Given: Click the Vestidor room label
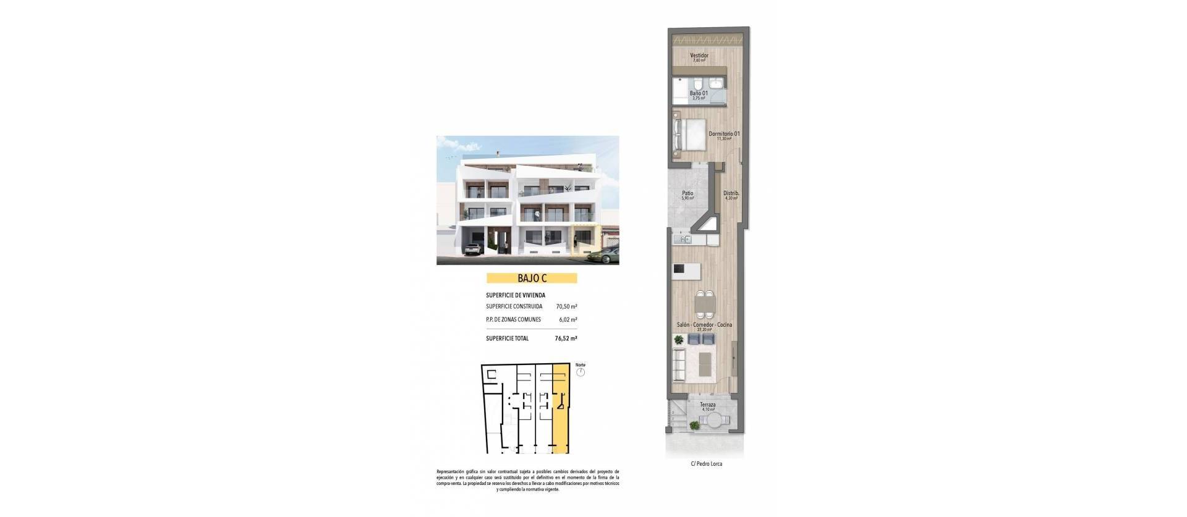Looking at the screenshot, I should click(699, 56).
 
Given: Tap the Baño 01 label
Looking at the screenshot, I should click(699, 93).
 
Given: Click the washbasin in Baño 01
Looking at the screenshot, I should click(717, 83).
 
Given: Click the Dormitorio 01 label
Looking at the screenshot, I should click(724, 133).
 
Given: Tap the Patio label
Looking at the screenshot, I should click(687, 193).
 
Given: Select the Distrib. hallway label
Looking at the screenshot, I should click(731, 193).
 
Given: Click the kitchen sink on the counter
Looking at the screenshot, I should click(684, 239).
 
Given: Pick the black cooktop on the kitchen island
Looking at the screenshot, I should click(679, 269).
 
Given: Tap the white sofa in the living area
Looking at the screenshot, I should click(679, 365).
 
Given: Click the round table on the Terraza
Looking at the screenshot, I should click(714, 421).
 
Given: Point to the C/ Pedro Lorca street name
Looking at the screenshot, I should click(707, 464).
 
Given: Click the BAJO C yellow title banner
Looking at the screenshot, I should click(532, 279).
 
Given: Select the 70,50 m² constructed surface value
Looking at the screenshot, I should click(566, 306).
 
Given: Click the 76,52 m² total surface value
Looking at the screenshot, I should click(566, 338).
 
